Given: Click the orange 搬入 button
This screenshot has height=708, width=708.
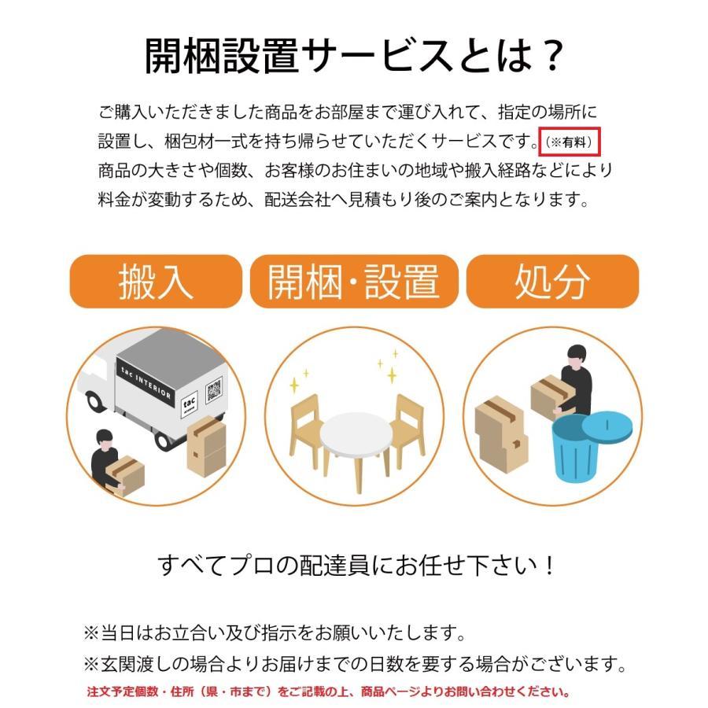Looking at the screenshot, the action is click(156, 282).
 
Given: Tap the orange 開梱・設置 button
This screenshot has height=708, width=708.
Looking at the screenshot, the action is click(354, 282).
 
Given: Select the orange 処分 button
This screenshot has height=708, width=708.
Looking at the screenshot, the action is click(552, 282).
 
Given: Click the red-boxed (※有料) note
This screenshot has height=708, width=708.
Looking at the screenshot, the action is click(569, 142).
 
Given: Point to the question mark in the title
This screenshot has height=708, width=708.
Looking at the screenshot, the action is click(551, 56).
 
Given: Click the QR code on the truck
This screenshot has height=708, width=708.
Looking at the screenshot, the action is click(214, 389).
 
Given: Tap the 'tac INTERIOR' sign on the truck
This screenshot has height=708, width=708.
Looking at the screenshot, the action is click(146, 383).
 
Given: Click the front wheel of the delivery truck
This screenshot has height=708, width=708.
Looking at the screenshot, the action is click(95, 400).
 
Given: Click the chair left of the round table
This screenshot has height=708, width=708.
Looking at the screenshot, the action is click(306, 426).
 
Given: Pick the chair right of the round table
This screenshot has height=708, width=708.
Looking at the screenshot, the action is click(407, 426).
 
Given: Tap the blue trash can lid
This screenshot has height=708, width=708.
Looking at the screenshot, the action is click(607, 426).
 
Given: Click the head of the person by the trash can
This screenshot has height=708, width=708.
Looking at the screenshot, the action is click(577, 356).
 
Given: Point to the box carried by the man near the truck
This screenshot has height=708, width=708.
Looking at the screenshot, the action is click(125, 475).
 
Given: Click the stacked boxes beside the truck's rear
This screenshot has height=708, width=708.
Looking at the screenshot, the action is click(206, 447).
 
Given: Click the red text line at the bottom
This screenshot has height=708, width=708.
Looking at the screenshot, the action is click(328, 691).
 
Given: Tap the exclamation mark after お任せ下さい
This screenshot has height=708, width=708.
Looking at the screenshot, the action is click(550, 566).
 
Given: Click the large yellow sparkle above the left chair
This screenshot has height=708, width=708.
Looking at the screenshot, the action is click(294, 385).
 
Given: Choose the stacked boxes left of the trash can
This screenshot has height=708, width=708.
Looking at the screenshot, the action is click(501, 435).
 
